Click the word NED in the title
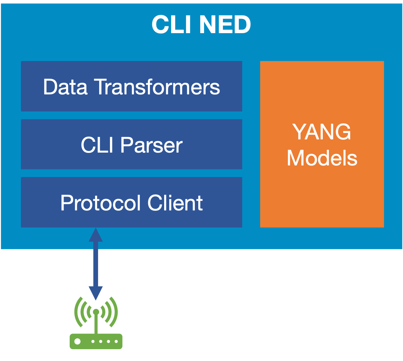pos(225,25)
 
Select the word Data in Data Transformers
pos(65,87)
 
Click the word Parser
pos(151,145)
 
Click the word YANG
pos(322,132)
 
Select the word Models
pos(322,158)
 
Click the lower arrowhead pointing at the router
pos(96,293)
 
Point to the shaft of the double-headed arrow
pos(96,264)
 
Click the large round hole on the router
pos(77,341)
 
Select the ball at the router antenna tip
pos(96,312)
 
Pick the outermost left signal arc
pos(76,312)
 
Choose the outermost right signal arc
pos(115,312)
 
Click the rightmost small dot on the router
pos(115,342)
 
